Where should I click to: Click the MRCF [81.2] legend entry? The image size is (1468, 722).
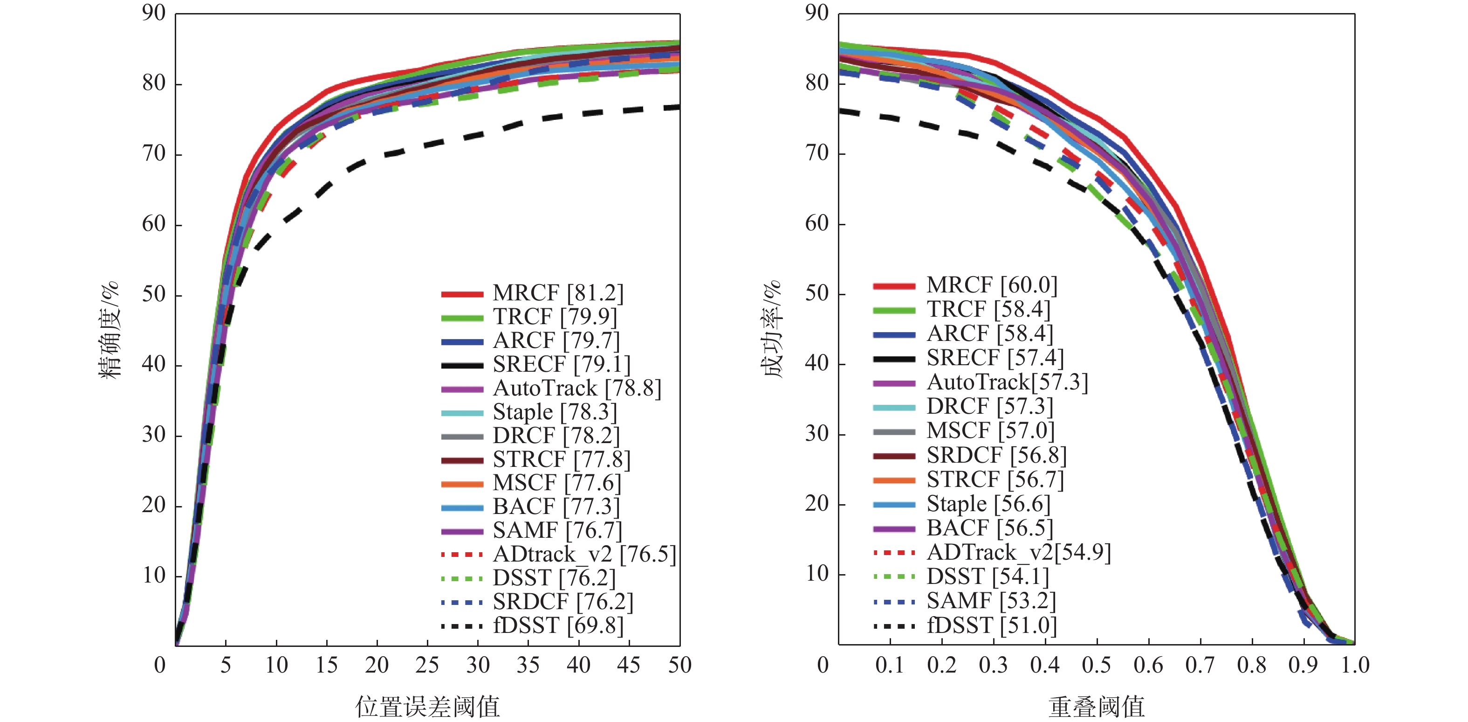557,292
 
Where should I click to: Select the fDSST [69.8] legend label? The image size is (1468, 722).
558,625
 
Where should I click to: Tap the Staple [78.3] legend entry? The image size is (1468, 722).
555,411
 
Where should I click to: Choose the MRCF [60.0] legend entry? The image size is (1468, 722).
992,285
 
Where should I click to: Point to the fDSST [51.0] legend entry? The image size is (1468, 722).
992,625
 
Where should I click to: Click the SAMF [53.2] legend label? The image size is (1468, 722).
991,601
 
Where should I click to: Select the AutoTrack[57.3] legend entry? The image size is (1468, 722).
1007,382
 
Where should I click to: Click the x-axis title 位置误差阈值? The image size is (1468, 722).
427,707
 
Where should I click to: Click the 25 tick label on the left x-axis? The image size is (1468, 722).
427,665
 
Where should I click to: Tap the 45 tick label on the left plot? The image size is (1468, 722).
629,665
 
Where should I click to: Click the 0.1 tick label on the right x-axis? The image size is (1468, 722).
890,665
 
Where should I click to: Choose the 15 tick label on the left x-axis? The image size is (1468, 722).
327,665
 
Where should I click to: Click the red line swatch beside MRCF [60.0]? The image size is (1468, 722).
893,286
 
